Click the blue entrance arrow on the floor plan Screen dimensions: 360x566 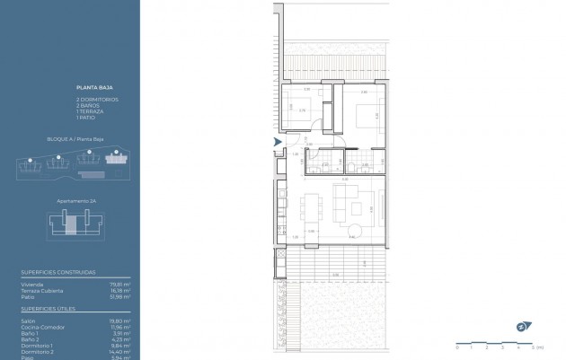pyautogui.click(x=277, y=141)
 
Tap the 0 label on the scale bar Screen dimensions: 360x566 pyautogui.click(x=457, y=346)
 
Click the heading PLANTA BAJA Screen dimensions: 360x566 pyautogui.click(x=89, y=89)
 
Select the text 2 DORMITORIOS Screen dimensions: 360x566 pyautogui.click(x=97, y=99)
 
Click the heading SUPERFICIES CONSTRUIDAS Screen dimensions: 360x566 pyautogui.click(x=57, y=272)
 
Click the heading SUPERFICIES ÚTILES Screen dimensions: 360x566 pyautogui.click(x=49, y=308)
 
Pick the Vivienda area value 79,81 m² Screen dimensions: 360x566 pyautogui.click(x=120, y=285)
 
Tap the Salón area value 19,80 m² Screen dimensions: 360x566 pyautogui.click(x=120, y=320)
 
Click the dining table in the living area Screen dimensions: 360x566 pyautogui.click(x=310, y=208)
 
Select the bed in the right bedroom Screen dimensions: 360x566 pyautogui.click(x=366, y=116)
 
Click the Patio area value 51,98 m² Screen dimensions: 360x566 pyautogui.click(x=120, y=296)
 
